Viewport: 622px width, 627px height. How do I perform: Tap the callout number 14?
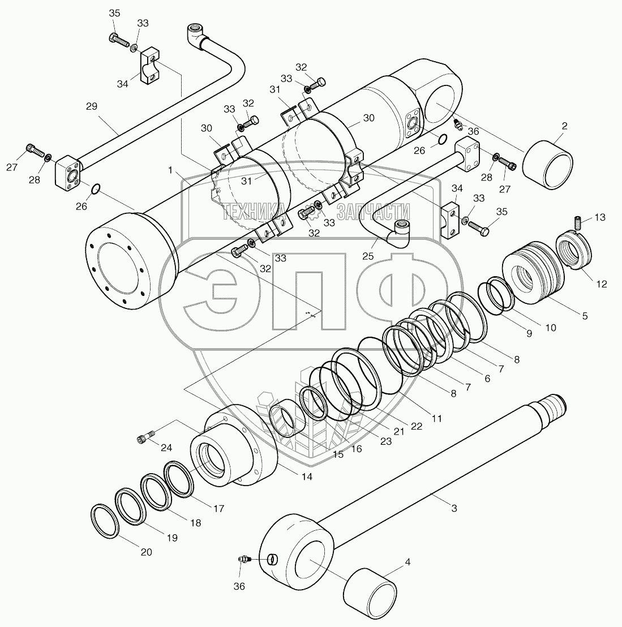[307, 476]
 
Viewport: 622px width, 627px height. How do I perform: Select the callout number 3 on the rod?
[454, 509]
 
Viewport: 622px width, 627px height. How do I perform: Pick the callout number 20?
[146, 552]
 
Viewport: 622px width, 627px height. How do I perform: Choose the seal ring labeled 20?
[105, 521]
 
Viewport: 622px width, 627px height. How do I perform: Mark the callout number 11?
[436, 419]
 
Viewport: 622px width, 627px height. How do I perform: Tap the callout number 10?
[550, 327]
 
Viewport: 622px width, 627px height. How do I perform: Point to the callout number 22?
[416, 427]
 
